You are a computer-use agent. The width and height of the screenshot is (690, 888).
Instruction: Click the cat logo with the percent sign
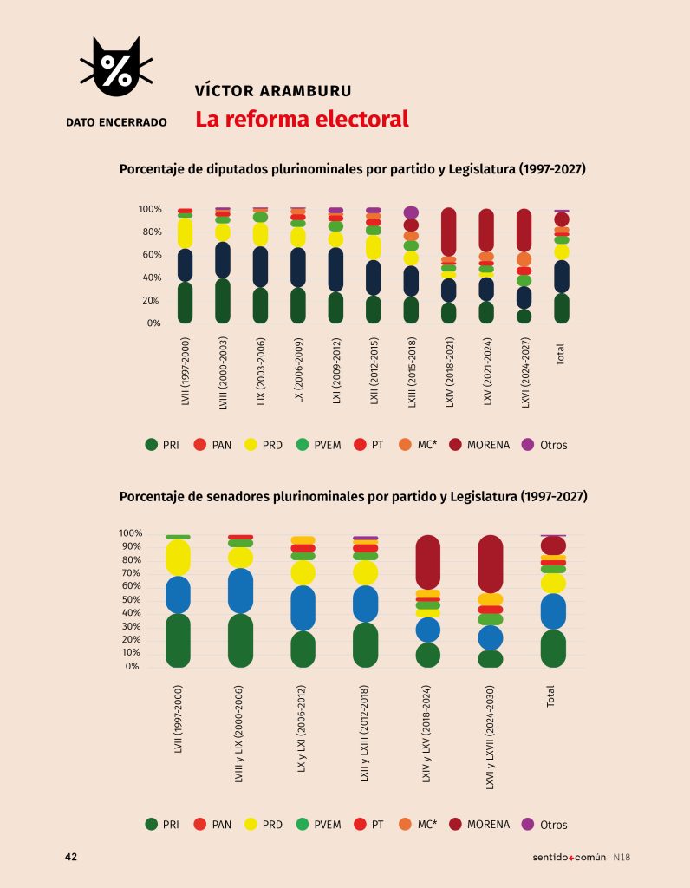116,69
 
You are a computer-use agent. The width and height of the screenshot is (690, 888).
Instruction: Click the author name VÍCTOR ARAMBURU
273,91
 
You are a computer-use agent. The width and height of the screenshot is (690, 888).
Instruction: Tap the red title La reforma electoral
302,120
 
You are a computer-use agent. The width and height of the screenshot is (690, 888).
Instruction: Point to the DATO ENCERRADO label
116,122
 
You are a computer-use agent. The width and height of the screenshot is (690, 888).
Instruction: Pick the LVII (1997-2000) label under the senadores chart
178,720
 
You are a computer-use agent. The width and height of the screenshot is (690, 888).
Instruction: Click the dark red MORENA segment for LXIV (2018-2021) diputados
448,232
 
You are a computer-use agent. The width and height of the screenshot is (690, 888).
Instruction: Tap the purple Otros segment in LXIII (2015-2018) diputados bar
411,212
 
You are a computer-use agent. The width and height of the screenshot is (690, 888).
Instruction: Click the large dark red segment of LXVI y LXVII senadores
490,564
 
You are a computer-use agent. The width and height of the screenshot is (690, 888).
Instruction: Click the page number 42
71,857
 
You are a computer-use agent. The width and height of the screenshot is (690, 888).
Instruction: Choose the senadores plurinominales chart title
353,497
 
